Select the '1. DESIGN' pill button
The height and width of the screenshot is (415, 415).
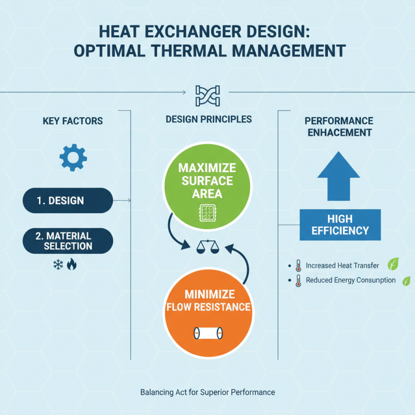(x=67, y=200)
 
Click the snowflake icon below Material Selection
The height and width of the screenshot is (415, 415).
(x=58, y=265)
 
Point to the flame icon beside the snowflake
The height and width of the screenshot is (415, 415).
(x=72, y=265)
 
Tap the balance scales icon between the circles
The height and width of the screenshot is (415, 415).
(x=208, y=248)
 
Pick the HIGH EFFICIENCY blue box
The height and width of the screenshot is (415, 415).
(x=340, y=225)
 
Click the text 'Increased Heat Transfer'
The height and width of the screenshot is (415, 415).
(x=342, y=266)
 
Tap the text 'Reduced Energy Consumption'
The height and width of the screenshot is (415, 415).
(x=351, y=281)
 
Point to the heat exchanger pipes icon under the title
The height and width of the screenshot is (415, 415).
(x=208, y=94)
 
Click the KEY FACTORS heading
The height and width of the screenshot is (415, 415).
(x=73, y=121)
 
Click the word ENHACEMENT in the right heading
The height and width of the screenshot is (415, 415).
(x=339, y=132)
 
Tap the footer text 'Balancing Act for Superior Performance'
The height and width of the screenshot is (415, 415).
(x=208, y=392)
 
